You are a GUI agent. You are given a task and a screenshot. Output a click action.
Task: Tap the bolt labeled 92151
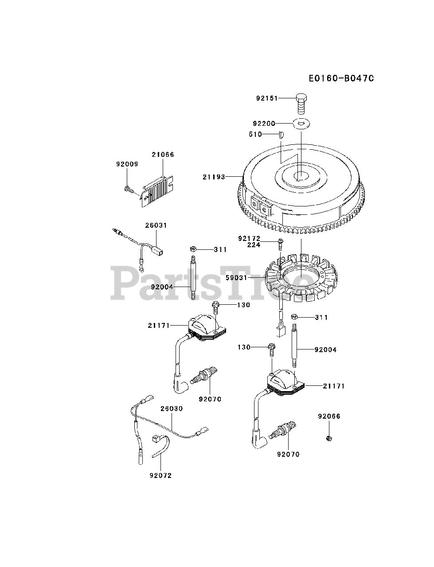tap(301, 103)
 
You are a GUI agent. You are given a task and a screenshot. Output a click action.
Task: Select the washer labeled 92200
tap(301, 124)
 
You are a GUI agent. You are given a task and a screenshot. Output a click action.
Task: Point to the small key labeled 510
tap(281, 135)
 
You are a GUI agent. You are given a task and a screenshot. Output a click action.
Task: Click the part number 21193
tap(214, 177)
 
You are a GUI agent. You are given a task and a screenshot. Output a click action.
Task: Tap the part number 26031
tap(156, 225)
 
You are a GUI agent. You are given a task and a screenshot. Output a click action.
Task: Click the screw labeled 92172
tap(281, 242)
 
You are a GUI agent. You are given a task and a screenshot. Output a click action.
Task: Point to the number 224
tap(254, 245)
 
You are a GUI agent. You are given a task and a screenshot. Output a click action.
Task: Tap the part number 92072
tap(160, 475)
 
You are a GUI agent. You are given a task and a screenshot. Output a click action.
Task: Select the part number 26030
tap(172, 408)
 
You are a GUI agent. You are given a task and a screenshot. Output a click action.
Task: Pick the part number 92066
tap(329, 416)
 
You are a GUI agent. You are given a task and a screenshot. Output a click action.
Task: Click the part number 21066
tap(163, 155)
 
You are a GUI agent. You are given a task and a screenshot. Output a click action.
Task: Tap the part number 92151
tap(267, 98)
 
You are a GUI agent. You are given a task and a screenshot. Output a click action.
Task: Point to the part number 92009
tap(127, 164)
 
